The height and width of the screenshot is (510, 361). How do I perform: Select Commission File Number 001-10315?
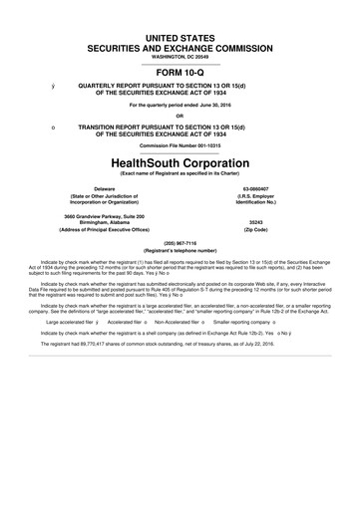coord(180,145)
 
